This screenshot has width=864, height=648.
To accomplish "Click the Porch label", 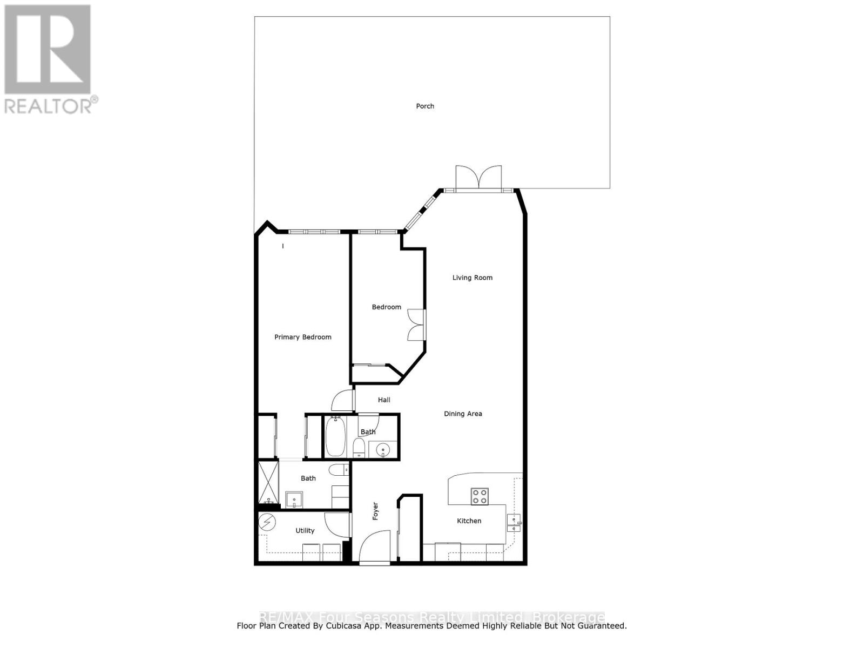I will coord(425,106).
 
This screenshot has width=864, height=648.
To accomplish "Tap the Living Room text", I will coord(473,278).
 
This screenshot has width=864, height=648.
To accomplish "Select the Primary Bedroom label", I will coord(302,337).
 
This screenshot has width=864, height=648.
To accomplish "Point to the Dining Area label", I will coord(463,414).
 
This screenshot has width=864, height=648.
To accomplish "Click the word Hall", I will coord(384,400).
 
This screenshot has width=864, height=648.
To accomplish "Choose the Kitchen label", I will coord(469,521).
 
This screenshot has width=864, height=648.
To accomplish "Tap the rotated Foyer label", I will coord(375,511).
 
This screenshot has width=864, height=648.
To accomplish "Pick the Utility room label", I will coord(305,531).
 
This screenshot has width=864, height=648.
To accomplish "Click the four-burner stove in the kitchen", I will coord(480,496).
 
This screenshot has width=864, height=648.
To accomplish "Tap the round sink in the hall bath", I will coord(383,449).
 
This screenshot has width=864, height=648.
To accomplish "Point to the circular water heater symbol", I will coord(266,522).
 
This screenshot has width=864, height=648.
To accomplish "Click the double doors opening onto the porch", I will coord(478,178).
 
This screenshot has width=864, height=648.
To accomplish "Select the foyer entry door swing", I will coord(374,546).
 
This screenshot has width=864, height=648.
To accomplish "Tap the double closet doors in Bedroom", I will coord(416,325).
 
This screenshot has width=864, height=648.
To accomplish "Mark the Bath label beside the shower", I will coord(308,478).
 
